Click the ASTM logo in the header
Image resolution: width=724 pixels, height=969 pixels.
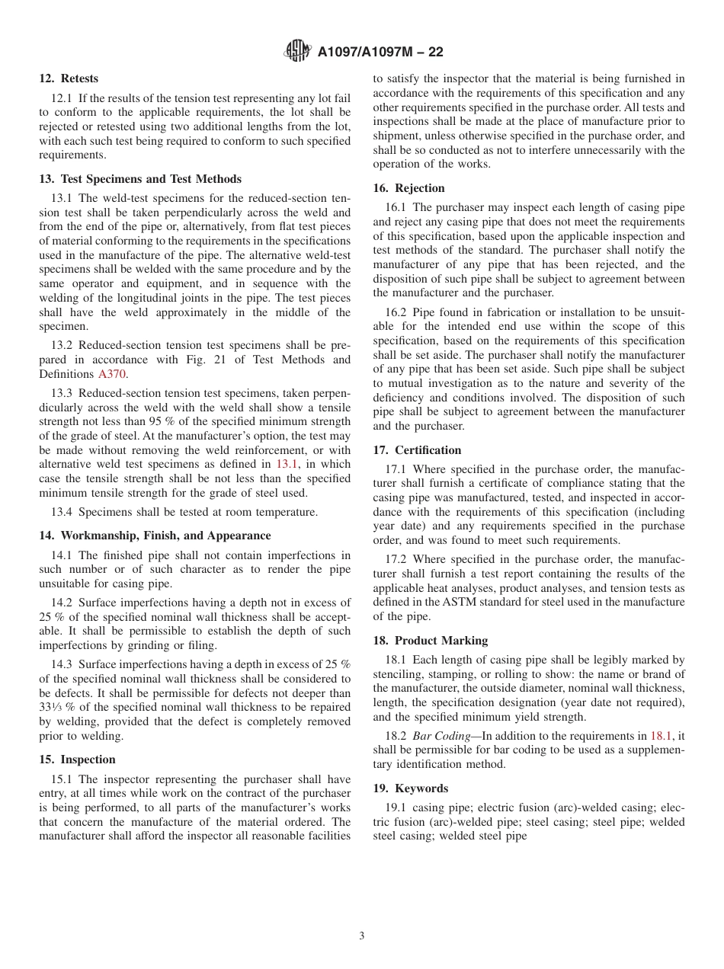pos(297,51)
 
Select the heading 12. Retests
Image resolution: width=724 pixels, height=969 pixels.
pos(69,78)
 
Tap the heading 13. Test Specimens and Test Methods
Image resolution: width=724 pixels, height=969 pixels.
pos(140,179)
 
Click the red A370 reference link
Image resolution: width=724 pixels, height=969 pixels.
pos(111,374)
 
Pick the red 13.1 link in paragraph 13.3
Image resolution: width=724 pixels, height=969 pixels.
pos(287,464)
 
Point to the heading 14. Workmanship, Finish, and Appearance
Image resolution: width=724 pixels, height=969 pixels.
pos(155,536)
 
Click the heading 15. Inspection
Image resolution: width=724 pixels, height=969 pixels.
pos(77,760)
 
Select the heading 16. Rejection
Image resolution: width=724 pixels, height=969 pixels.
pos(408,188)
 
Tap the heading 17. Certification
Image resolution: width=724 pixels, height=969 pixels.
pos(417,450)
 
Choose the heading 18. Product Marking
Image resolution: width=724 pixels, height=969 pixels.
pos(430,641)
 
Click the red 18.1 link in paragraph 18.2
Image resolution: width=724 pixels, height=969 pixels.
pos(661,736)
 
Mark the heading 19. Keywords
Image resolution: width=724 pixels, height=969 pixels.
pos(410,788)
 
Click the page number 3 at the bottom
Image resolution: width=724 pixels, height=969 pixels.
pos(362,936)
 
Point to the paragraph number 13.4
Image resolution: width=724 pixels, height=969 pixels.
pos(62,512)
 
